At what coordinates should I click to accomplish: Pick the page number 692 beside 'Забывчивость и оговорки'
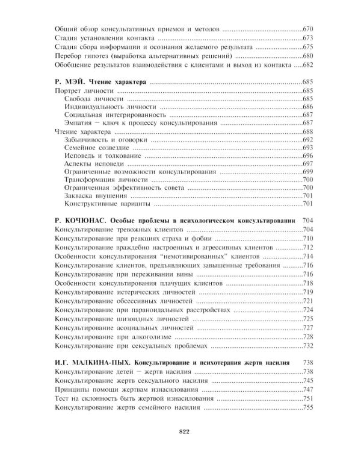(x=308, y=140)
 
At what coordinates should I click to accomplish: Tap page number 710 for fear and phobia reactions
(x=308, y=239)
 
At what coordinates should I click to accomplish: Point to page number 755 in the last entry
(x=308, y=407)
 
